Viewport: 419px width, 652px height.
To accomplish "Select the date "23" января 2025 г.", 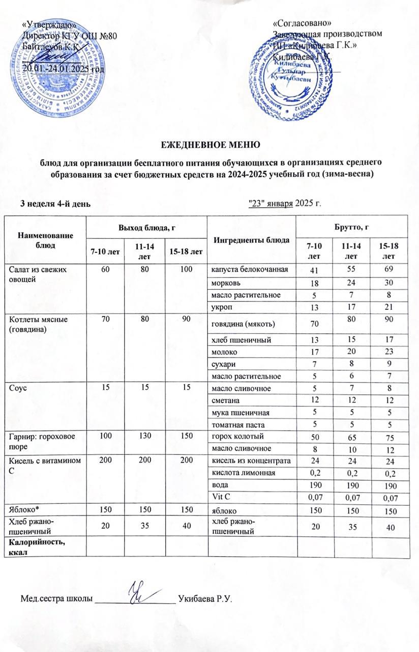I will [284, 204].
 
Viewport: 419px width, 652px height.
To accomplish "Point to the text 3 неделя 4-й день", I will [55, 204].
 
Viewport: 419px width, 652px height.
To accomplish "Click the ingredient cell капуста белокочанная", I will [250, 269].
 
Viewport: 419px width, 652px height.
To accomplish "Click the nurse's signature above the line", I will [137, 594].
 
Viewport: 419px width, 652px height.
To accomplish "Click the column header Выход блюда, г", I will [146, 226].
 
